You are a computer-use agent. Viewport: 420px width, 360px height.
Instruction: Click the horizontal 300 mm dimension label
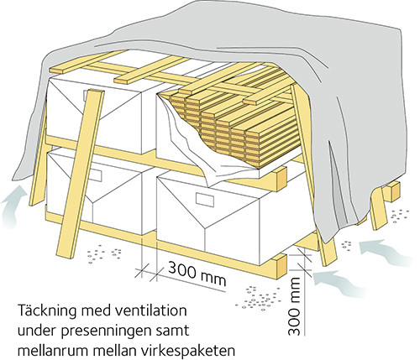197,274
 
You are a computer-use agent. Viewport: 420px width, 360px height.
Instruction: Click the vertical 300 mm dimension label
294,305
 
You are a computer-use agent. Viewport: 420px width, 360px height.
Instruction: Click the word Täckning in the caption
47,310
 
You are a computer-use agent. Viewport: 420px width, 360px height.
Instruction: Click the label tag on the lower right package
205,200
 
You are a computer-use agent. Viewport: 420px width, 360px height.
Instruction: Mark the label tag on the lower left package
94,175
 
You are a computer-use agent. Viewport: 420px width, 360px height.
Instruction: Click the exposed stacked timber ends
224,123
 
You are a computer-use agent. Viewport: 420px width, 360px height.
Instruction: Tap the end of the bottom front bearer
281,267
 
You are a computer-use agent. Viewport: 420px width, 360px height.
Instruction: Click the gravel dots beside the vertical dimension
259,299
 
